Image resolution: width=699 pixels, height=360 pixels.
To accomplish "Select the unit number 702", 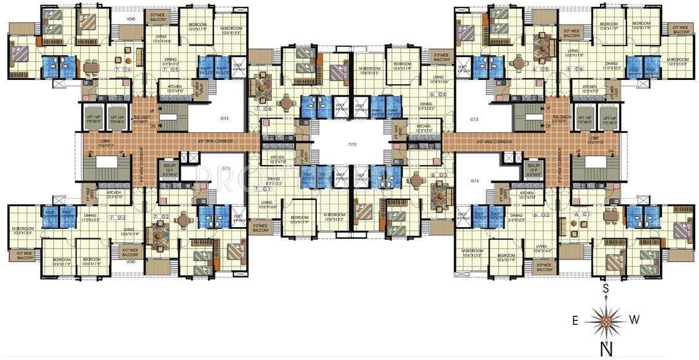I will (162, 217).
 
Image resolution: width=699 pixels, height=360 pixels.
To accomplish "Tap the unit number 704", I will (122, 70).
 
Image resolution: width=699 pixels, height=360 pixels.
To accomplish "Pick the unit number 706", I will (264, 108).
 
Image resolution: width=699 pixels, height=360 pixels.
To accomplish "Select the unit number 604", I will (438, 94).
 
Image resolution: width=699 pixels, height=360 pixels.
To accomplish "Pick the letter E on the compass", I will (575, 319).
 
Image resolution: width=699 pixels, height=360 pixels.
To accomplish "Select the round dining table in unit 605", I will (520, 63).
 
